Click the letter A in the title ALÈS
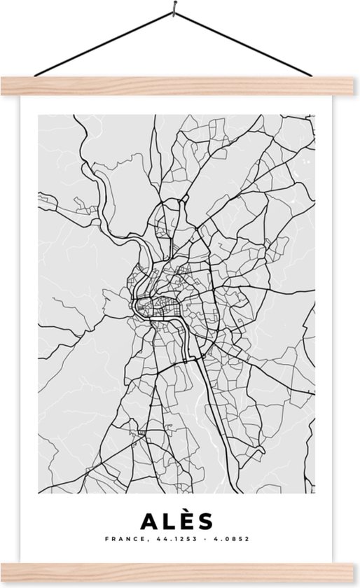point(149,521)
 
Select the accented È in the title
point(186,521)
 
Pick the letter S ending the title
point(205,521)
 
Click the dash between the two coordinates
point(195,540)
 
